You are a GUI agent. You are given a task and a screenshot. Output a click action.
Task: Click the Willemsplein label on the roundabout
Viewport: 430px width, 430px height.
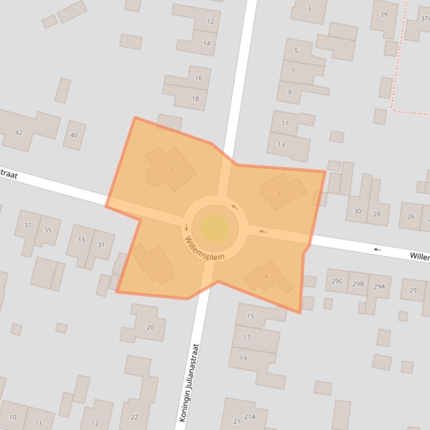click(x=205, y=250)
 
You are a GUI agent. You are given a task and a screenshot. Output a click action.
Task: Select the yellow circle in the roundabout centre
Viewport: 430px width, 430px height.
click(x=215, y=228)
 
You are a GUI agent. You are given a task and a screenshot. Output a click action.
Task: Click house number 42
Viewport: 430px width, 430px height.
click(x=19, y=132)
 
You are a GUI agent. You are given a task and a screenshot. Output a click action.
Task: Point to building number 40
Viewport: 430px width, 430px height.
click(x=74, y=135)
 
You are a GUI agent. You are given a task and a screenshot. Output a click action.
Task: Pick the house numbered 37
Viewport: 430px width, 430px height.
click(x=28, y=225)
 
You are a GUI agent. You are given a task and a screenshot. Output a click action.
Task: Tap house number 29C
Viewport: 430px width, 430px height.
click(x=337, y=281)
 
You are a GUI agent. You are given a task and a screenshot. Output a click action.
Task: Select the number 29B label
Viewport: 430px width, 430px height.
click(x=358, y=284)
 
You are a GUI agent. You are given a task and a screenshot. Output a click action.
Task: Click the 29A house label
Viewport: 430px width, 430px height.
click(x=379, y=286)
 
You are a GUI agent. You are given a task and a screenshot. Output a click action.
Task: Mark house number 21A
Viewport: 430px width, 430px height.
click(x=249, y=417)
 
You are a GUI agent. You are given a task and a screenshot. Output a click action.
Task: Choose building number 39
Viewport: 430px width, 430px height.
click(x=384, y=15)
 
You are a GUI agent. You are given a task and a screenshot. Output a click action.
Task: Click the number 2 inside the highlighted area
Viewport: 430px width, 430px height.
click(x=172, y=169)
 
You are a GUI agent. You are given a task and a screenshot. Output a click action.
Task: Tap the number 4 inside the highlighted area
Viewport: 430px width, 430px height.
click(x=266, y=276)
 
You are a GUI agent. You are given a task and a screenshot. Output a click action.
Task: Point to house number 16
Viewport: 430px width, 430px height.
click(x=199, y=78)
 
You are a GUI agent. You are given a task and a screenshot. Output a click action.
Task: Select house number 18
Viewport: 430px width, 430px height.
click(x=195, y=99)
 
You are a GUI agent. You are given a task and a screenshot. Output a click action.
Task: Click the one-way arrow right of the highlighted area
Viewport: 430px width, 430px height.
click(x=378, y=249)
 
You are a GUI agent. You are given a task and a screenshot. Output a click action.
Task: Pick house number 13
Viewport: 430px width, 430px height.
click(x=281, y=145)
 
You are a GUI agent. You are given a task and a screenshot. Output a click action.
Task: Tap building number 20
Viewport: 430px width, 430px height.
click(x=150, y=327)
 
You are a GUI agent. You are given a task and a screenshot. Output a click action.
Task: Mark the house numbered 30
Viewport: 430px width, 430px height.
click(x=357, y=212)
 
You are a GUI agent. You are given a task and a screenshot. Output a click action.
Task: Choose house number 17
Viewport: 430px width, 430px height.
click(x=247, y=337)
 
